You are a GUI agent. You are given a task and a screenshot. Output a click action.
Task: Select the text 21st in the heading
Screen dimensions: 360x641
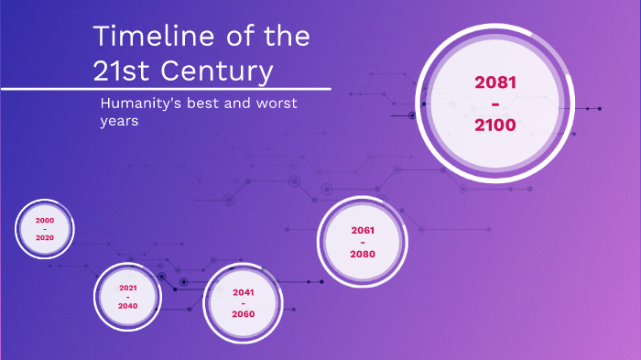click(x=118, y=71)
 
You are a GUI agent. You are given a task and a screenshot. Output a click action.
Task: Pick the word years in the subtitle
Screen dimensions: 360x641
click(x=119, y=122)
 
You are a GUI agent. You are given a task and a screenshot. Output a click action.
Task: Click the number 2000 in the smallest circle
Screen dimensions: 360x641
click(x=44, y=221)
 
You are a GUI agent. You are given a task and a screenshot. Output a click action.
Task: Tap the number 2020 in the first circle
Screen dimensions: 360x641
click(x=44, y=237)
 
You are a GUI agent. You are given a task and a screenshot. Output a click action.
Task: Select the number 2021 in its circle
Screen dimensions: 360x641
click(x=128, y=288)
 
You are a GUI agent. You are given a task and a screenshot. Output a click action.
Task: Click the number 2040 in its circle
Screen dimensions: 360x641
click(x=128, y=306)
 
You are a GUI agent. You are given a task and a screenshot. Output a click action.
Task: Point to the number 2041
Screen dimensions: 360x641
click(x=243, y=292)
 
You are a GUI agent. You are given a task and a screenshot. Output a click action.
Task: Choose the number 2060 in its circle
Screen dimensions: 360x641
click(x=243, y=314)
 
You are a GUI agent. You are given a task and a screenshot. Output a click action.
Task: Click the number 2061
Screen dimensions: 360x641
click(x=363, y=230)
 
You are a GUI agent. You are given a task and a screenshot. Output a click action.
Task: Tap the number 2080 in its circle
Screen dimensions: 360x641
click(x=363, y=254)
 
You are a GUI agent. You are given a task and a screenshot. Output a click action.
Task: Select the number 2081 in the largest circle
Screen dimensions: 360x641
click(x=495, y=82)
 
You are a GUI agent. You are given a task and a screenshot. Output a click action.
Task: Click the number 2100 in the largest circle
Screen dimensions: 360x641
click(x=495, y=125)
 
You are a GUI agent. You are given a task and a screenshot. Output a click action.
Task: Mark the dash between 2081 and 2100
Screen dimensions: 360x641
click(x=495, y=104)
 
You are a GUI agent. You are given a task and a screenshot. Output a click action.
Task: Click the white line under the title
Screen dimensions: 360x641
click(x=165, y=89)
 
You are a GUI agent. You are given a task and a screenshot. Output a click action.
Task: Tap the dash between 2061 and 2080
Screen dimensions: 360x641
click(x=363, y=242)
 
